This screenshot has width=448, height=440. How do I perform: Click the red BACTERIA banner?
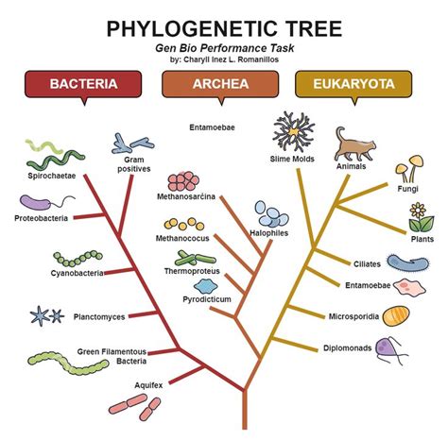coord(84,84)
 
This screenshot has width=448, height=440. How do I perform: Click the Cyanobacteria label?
coord(50,273)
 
